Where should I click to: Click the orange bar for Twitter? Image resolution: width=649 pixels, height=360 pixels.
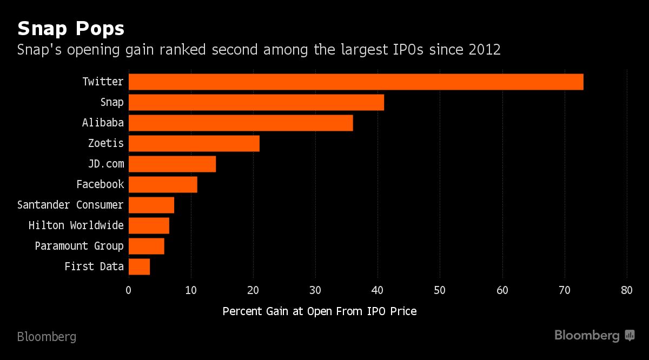click(x=356, y=82)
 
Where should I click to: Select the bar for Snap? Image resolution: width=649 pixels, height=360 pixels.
click(x=256, y=102)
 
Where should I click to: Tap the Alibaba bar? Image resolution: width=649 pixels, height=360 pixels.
click(x=241, y=123)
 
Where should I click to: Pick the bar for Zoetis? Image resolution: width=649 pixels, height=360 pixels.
click(x=194, y=143)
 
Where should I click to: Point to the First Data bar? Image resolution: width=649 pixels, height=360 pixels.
click(x=139, y=266)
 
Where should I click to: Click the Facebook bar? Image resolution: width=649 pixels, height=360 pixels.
click(x=163, y=184)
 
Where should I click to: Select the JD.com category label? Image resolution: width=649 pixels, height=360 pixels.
click(x=106, y=164)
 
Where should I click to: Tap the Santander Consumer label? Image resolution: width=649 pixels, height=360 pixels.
click(x=70, y=205)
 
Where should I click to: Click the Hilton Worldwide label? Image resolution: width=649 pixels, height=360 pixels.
click(x=76, y=225)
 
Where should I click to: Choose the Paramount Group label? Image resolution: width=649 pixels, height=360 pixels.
click(x=80, y=246)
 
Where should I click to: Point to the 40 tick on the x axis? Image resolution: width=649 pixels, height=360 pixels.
click(x=378, y=290)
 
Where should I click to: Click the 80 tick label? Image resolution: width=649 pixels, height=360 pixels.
click(x=627, y=290)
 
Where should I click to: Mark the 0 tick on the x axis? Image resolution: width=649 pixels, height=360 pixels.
click(x=129, y=290)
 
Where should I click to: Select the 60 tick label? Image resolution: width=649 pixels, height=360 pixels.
click(x=502, y=290)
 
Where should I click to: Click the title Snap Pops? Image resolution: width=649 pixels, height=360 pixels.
click(x=71, y=28)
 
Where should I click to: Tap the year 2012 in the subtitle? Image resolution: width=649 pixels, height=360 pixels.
click(x=485, y=50)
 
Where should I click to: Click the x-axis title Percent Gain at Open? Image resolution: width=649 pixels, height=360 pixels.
click(x=320, y=312)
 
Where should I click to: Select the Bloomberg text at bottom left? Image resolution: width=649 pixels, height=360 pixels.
click(x=47, y=337)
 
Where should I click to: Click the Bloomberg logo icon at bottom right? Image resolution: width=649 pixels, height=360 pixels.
click(x=630, y=336)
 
